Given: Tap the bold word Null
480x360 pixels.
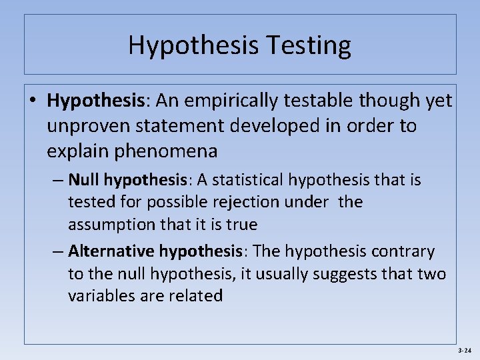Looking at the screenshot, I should tap(84, 180).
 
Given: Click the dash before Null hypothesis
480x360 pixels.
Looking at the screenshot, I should tap(59, 180).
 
